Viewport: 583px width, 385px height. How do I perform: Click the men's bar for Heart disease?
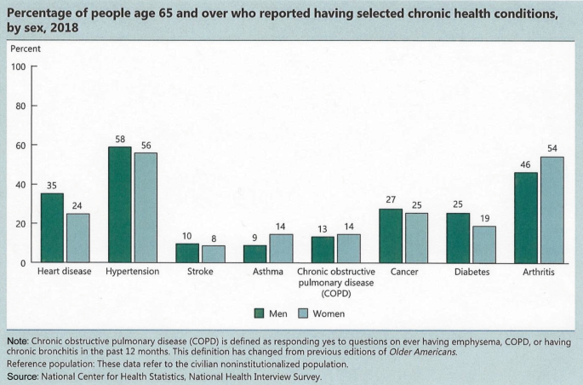52,227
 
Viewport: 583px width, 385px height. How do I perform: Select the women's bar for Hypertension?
146,208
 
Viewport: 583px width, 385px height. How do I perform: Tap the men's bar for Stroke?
187,253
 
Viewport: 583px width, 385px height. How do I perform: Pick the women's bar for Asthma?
281,249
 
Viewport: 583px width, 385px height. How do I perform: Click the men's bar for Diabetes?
458,238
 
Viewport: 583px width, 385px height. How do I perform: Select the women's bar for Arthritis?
552,210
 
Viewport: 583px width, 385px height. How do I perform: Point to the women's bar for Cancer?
416,238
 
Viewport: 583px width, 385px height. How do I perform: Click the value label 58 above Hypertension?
120,140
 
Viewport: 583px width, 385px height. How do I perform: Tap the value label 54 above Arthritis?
552,149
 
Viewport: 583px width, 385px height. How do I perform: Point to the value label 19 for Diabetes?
484,218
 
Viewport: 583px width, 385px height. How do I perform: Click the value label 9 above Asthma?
254,238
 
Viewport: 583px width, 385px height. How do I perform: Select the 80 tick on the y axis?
20,106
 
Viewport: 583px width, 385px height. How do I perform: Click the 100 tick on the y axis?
18,67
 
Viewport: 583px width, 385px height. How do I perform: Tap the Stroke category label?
200,272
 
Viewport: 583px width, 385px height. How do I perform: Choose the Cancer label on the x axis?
404,272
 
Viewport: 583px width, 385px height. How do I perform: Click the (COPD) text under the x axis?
336,294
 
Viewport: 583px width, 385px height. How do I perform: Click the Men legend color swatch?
259,313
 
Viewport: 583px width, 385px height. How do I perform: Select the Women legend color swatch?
303,313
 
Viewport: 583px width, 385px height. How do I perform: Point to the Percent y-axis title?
26,49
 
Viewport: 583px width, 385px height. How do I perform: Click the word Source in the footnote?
22,376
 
